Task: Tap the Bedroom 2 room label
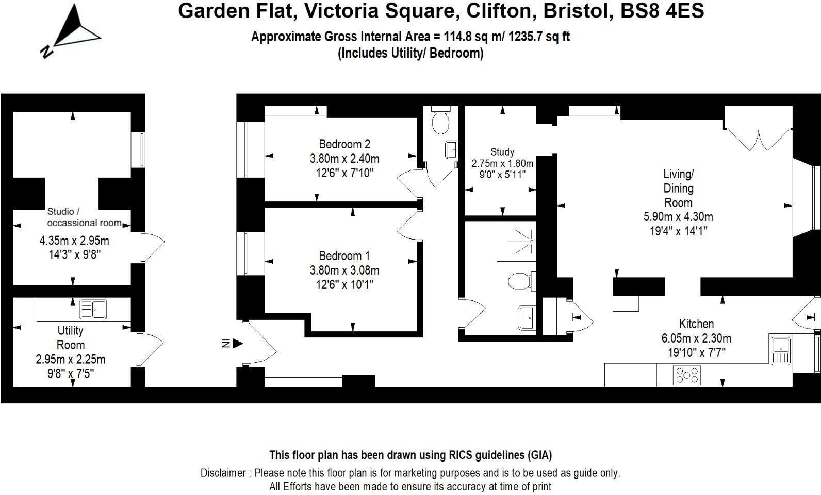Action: click(344, 144)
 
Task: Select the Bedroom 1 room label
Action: click(344, 256)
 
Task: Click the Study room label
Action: click(502, 152)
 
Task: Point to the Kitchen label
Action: click(696, 324)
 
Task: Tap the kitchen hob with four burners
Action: click(687, 375)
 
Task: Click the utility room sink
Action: click(93, 309)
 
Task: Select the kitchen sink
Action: click(781, 350)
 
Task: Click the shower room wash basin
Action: click(527, 317)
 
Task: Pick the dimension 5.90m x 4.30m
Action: click(678, 217)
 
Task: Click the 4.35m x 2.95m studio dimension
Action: click(74, 241)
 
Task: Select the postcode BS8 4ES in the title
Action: click(662, 10)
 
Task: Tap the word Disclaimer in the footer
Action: click(223, 473)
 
